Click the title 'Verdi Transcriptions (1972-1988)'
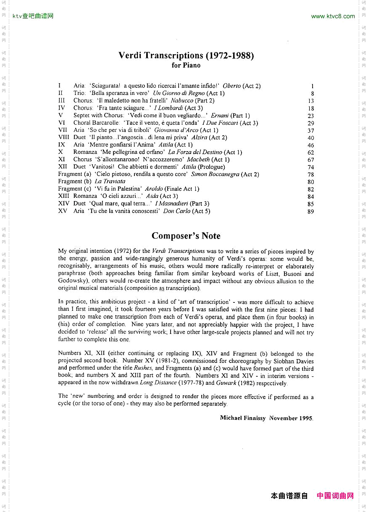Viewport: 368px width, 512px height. [186, 55]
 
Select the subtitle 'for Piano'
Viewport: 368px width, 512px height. [186, 66]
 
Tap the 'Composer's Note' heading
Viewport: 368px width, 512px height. [186, 236]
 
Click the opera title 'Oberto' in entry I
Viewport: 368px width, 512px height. [232, 86]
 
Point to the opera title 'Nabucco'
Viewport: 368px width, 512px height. [182, 101]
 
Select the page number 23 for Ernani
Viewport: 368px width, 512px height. [311, 116]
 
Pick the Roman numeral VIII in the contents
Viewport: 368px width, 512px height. [63, 137]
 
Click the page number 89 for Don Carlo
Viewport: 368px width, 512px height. [311, 212]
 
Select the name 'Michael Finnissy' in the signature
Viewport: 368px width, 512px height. [243, 418]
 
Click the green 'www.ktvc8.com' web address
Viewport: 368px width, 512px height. [333, 16]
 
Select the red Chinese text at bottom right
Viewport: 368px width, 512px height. [335, 496]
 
